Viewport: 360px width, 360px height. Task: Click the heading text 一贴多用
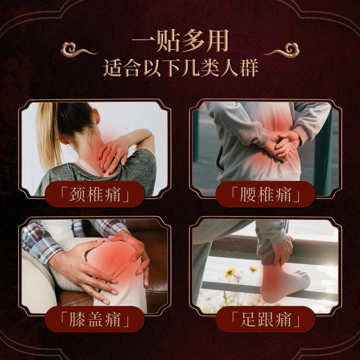coord(180,42)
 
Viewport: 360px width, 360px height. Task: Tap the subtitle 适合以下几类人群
coord(180,68)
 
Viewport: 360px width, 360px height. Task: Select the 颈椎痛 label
coord(95,194)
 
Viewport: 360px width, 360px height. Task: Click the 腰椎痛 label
coord(265,194)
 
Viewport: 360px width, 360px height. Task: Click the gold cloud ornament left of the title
coord(77,50)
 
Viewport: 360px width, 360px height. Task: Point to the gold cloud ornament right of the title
coord(283,50)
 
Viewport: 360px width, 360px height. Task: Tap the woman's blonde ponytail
coord(48,133)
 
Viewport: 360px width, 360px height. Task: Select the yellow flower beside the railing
coord(230,272)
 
